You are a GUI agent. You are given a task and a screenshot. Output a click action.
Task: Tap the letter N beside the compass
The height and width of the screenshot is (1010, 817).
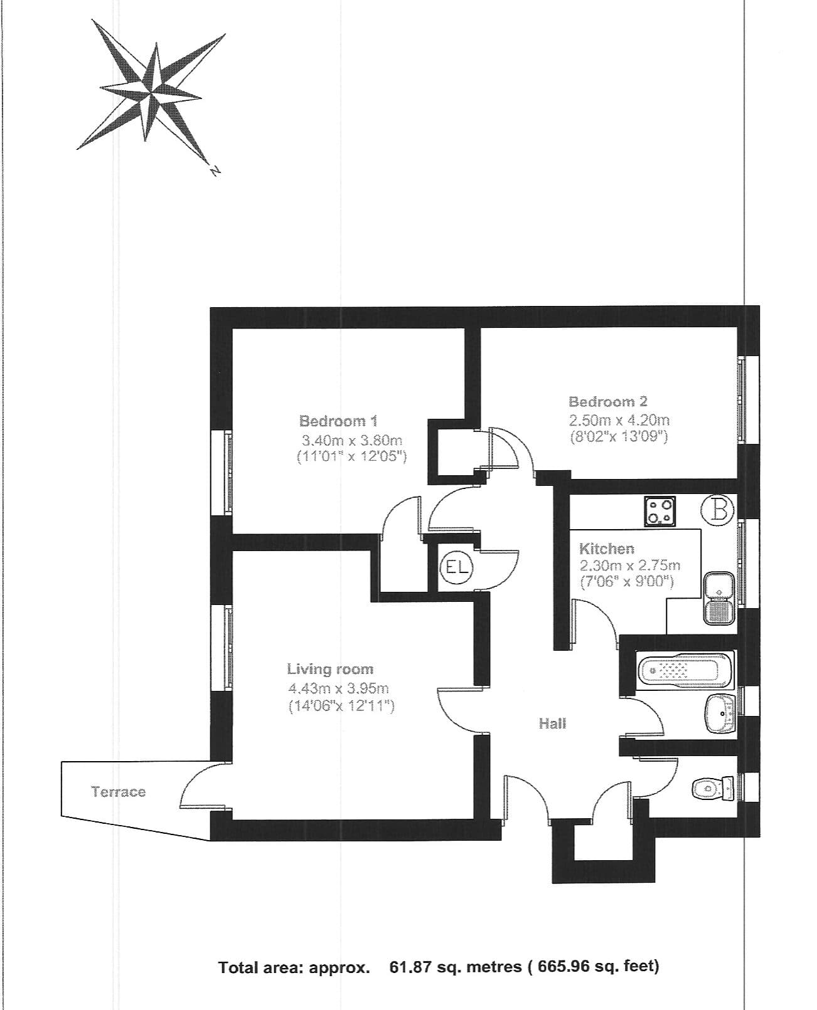coord(215,170)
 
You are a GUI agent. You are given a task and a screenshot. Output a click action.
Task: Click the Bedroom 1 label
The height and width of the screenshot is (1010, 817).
coord(338,421)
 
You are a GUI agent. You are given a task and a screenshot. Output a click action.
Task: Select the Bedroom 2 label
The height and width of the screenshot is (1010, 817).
coord(607,401)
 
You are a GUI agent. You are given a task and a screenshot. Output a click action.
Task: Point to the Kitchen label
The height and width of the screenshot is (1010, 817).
coord(606,549)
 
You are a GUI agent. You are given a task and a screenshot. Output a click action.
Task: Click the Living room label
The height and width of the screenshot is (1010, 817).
coord(330,669)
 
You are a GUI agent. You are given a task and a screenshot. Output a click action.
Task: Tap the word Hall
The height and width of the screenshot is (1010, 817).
coord(552,723)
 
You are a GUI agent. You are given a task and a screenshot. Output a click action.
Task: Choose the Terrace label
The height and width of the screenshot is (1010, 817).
coord(119,792)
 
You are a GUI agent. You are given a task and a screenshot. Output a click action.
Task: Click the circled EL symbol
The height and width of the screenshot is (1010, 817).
coord(457,567)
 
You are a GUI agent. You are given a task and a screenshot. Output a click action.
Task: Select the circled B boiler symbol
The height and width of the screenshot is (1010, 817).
coord(717,510)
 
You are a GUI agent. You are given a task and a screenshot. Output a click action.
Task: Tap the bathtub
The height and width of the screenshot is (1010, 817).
coord(685,671)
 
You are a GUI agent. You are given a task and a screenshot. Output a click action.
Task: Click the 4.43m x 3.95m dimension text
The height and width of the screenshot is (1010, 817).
coord(338,688)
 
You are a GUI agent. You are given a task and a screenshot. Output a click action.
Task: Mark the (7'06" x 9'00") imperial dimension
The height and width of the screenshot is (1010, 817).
coord(627,581)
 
